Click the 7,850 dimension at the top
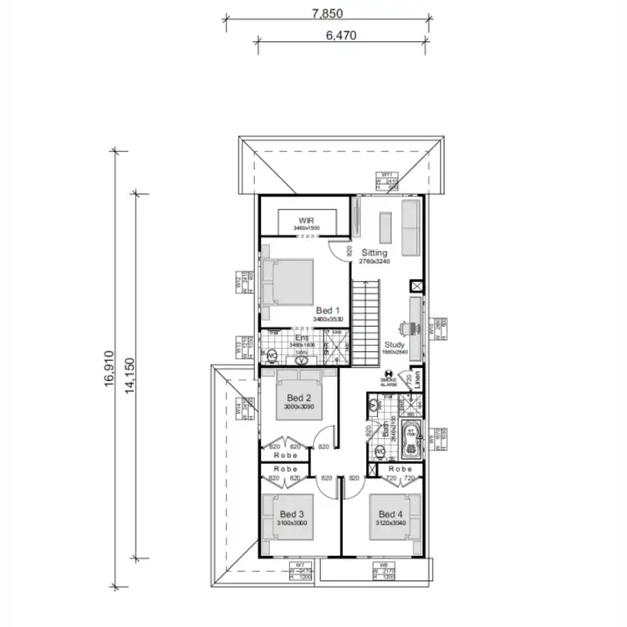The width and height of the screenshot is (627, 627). tap(327, 13)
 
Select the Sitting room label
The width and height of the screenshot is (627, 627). tap(375, 252)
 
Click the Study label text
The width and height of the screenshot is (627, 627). tap(395, 344)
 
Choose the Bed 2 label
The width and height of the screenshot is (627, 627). tap(298, 397)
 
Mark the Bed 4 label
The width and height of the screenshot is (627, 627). tap(390, 513)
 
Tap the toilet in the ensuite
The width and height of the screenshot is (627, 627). tap(272, 356)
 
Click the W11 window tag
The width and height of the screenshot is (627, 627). tap(386, 180)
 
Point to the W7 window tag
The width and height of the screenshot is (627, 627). tap(298, 571)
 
